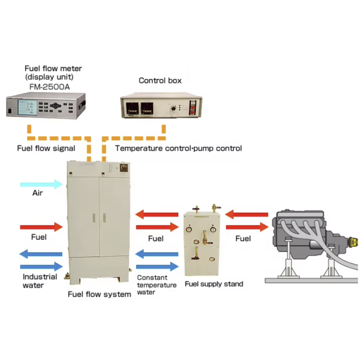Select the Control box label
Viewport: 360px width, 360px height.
click(x=160, y=81)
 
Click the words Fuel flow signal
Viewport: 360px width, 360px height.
click(x=46, y=148)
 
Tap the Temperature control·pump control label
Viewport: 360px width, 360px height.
click(x=178, y=148)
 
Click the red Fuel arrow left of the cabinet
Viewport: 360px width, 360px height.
click(x=41, y=226)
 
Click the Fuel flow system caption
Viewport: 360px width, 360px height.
click(x=99, y=295)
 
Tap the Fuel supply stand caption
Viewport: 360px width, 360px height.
click(x=214, y=284)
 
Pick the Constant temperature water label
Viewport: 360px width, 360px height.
click(x=153, y=285)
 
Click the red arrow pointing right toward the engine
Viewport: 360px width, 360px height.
click(x=247, y=226)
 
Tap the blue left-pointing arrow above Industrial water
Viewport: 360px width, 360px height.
click(x=41, y=254)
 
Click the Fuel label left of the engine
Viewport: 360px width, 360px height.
click(x=243, y=238)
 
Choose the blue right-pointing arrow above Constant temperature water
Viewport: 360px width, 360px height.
click(x=156, y=267)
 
